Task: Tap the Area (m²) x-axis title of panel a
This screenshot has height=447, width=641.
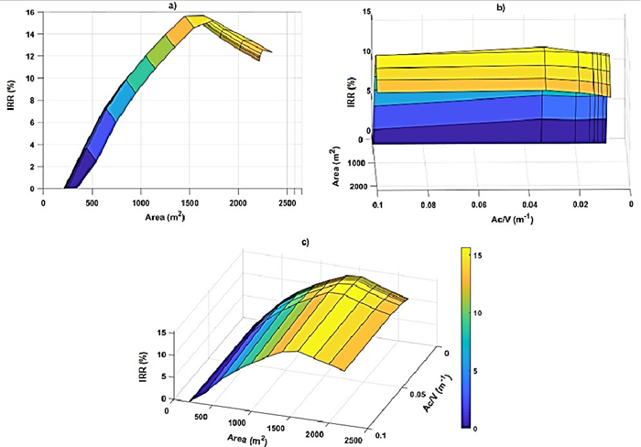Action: point(172,216)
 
